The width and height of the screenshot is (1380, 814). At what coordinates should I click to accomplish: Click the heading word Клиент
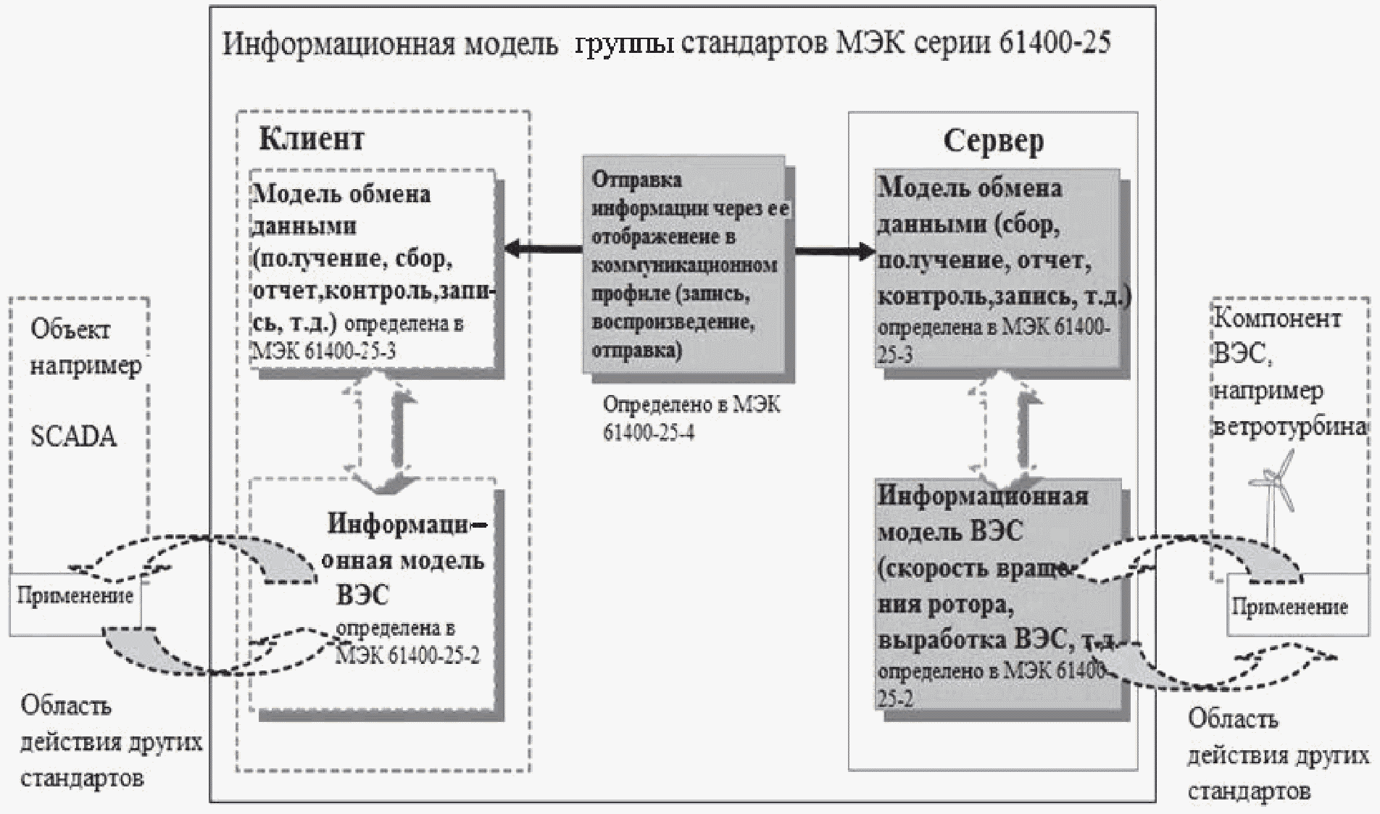[x=311, y=138]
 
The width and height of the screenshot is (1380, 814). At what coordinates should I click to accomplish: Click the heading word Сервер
[x=993, y=141]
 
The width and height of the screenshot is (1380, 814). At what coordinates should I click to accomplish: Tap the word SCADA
[x=73, y=437]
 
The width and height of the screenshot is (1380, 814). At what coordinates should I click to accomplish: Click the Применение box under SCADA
[x=75, y=597]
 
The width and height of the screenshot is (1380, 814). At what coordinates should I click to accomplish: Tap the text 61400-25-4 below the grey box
[x=648, y=433]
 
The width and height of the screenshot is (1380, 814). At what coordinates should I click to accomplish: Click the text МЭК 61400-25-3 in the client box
[x=323, y=353]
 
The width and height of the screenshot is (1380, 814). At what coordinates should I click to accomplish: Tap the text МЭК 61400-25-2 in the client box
[x=407, y=656]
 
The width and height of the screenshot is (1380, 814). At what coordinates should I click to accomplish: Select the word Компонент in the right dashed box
[x=1277, y=319]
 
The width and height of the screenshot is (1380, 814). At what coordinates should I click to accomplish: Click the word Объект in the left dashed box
[x=70, y=330]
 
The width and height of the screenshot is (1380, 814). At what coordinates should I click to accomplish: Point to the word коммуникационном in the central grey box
[x=684, y=265]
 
